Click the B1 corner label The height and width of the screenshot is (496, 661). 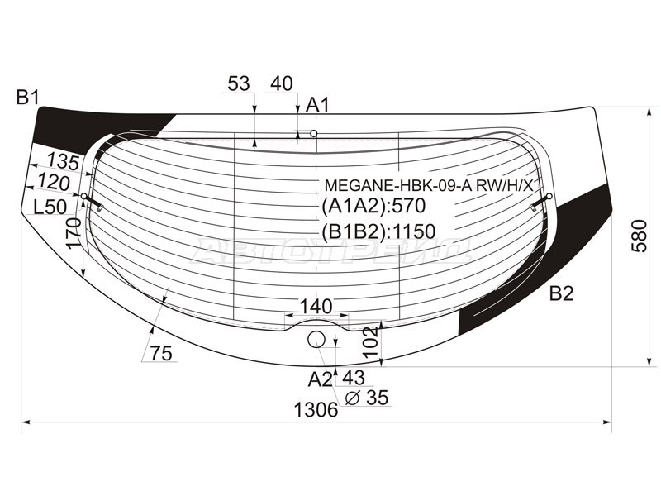(28, 98)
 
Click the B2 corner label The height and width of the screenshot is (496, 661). (562, 293)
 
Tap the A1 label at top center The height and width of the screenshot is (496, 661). (317, 105)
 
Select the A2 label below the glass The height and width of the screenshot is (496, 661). (320, 379)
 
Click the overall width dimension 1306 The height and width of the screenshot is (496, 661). (316, 409)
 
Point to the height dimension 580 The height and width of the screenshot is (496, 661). (639, 236)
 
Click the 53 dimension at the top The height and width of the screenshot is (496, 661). (239, 83)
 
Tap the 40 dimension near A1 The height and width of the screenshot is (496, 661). (282, 83)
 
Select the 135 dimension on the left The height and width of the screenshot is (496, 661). (64, 161)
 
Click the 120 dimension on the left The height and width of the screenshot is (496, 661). (54, 183)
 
